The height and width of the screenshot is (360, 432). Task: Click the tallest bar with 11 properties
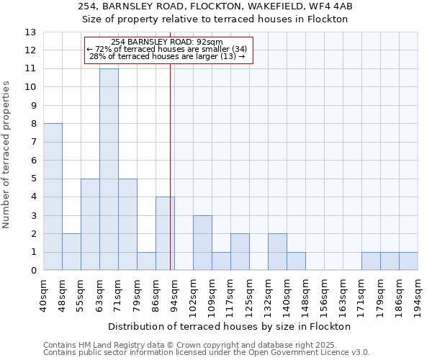coord(109,169)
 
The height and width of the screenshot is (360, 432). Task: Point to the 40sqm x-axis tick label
coord(43,294)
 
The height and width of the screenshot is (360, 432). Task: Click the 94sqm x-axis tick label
coord(174,294)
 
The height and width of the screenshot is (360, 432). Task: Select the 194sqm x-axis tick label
coord(418,294)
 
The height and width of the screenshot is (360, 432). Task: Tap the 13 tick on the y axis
coord(30,32)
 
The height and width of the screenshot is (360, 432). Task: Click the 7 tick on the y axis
coord(32,142)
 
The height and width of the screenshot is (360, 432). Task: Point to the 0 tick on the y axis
coord(32,271)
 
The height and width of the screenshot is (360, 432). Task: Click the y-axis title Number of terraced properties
coord(7,155)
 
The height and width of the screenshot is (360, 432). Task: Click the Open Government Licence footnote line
coord(206,353)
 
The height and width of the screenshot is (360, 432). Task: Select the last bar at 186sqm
coord(408,261)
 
